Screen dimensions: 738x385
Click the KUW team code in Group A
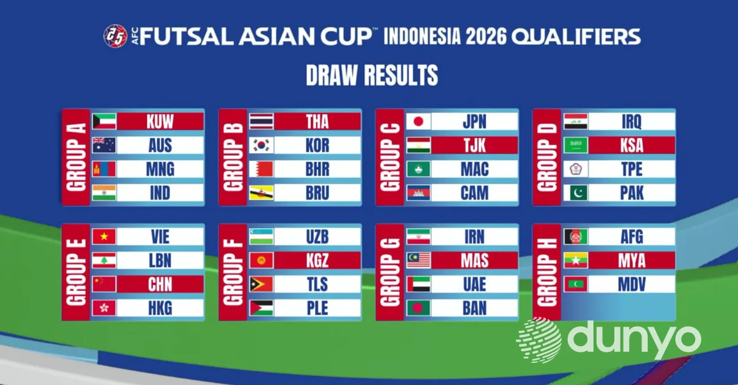160,122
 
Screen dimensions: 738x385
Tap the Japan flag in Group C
418,122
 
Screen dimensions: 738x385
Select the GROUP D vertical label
547,157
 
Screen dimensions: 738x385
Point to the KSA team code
632,145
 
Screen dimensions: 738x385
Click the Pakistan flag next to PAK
575,193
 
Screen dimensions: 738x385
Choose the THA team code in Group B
317,122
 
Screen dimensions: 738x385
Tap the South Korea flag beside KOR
261,145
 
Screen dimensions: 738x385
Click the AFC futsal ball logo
116,36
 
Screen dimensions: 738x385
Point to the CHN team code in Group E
160,284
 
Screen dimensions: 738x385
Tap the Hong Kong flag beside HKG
104,308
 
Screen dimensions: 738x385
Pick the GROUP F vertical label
233,272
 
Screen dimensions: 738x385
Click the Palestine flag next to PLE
261,308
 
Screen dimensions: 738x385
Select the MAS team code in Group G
474,261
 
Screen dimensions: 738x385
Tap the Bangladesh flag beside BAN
418,308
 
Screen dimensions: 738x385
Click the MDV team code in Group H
632,284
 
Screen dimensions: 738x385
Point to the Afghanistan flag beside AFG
575,237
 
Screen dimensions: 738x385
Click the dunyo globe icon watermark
539,340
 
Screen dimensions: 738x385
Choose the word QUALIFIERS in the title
576,36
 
